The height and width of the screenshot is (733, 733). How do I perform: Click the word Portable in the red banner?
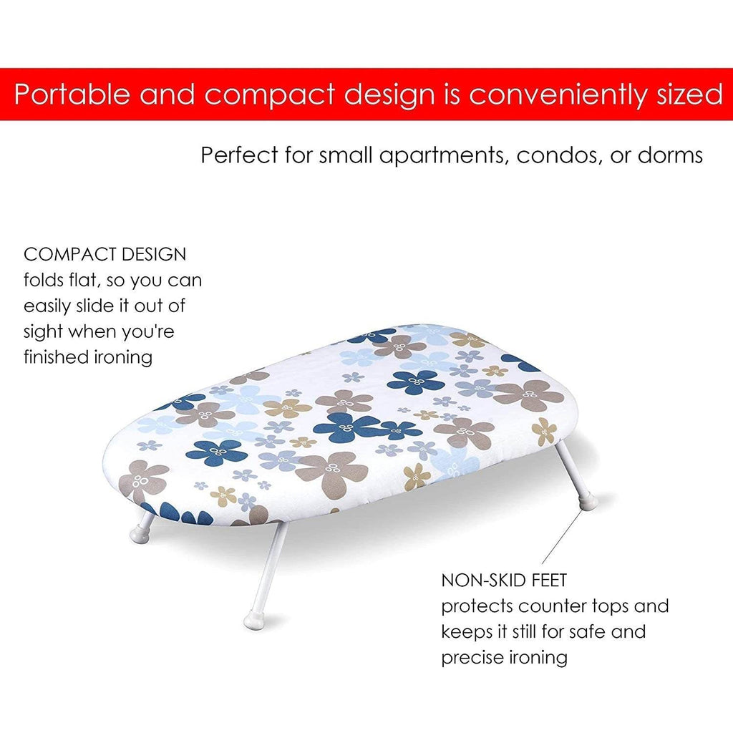[72, 94]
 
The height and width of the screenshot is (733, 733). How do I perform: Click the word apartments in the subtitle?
[444, 155]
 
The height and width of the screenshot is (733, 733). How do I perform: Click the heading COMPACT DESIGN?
[105, 254]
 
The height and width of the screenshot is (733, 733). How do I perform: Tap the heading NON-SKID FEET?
[504, 580]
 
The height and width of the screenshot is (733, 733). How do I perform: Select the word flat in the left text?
[84, 280]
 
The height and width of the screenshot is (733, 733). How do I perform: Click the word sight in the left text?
[43, 332]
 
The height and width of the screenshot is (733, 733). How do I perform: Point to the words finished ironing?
[88, 357]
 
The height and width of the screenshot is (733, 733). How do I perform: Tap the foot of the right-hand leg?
[588, 502]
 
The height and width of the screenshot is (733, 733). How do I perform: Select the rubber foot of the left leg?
[140, 533]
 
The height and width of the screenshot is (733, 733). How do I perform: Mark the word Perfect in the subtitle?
[239, 155]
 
